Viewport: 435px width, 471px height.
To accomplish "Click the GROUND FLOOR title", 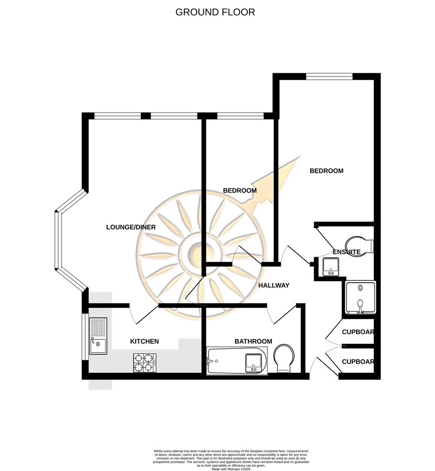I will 215,12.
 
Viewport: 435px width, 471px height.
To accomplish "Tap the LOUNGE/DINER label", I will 131,227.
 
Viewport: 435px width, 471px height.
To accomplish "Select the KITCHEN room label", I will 144,341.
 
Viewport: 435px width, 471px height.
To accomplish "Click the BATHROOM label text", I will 253,341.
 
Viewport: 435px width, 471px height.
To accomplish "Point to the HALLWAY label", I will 274,285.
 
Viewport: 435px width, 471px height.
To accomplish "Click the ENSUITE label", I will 346,252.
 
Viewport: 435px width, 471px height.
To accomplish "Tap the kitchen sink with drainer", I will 98,336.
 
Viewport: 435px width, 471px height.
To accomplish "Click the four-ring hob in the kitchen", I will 145,362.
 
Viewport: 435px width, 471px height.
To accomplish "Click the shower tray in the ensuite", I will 360,298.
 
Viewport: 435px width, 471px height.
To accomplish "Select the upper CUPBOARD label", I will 358,332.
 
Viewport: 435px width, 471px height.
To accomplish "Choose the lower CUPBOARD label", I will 358,362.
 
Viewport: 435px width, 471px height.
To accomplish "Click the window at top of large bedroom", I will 329,77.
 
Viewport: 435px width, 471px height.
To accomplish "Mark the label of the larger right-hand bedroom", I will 326,171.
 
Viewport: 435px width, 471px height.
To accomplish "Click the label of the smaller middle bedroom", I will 240,191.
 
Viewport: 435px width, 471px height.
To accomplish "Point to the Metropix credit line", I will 231,469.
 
